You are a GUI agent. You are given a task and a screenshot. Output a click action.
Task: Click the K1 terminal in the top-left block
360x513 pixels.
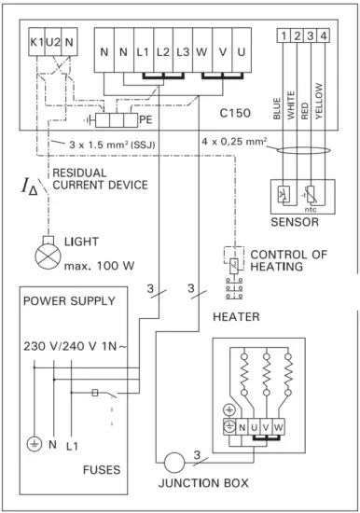pyautogui.click(x=37, y=44)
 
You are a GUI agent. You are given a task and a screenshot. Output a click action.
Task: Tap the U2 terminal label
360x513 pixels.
pyautogui.click(x=53, y=44)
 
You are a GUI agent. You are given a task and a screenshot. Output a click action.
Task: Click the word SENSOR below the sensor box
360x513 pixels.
pyautogui.click(x=295, y=226)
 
